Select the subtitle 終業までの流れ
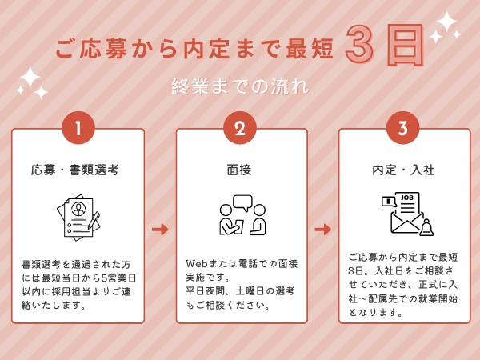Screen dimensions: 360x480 pyautogui.click(x=240, y=86)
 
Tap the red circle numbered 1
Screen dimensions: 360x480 pyautogui.click(x=78, y=128)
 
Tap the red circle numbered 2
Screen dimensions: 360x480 pyautogui.click(x=240, y=128)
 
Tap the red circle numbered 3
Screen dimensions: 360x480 pyautogui.click(x=402, y=128)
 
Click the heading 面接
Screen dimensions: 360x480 pyautogui.click(x=240, y=170)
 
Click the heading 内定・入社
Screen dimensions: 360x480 pyautogui.click(x=403, y=170)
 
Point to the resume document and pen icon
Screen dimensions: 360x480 pyautogui.click(x=78, y=216)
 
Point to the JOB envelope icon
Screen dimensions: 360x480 pyautogui.click(x=406, y=214)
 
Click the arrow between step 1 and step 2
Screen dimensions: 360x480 pyautogui.click(x=160, y=230)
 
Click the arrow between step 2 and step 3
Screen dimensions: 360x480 pyautogui.click(x=322, y=230)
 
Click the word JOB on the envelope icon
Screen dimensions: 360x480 pyautogui.click(x=407, y=198)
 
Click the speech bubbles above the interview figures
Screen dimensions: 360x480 pyautogui.click(x=242, y=202)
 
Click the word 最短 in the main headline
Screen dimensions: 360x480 pyautogui.click(x=309, y=48)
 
